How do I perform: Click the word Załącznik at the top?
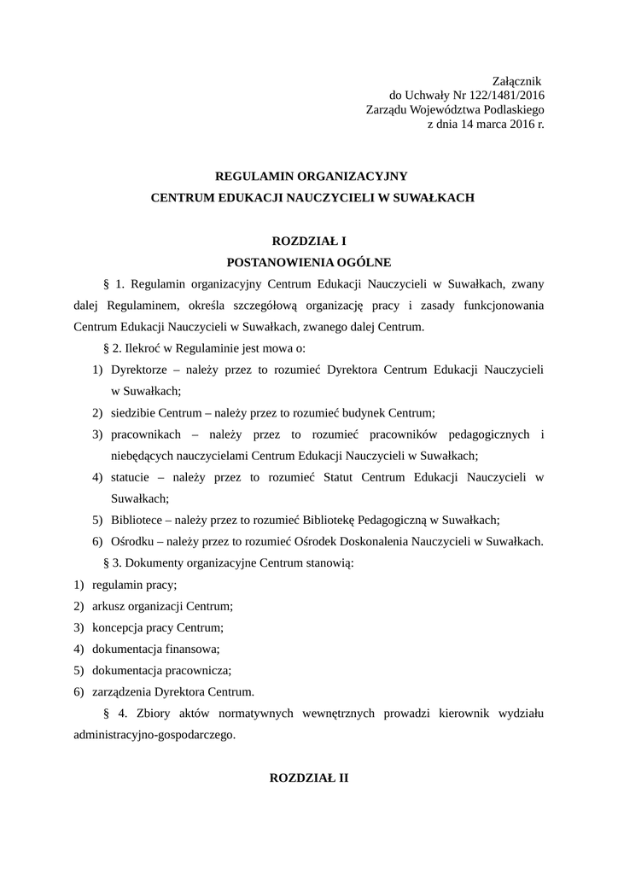pyautogui.click(x=518, y=79)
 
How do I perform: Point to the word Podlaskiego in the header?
pyautogui.click(x=512, y=109)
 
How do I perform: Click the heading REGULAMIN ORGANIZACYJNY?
pyautogui.click(x=312, y=176)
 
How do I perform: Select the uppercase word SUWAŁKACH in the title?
pyautogui.click(x=432, y=197)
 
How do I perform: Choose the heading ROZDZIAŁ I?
pyautogui.click(x=308, y=242)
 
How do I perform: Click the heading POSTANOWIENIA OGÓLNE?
pyautogui.click(x=308, y=262)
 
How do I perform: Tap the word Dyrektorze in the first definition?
pyautogui.click(x=138, y=370)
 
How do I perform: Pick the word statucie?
pyautogui.click(x=131, y=477)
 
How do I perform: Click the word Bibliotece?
pyautogui.click(x=137, y=520)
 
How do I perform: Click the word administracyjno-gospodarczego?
pyautogui.click(x=154, y=734)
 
